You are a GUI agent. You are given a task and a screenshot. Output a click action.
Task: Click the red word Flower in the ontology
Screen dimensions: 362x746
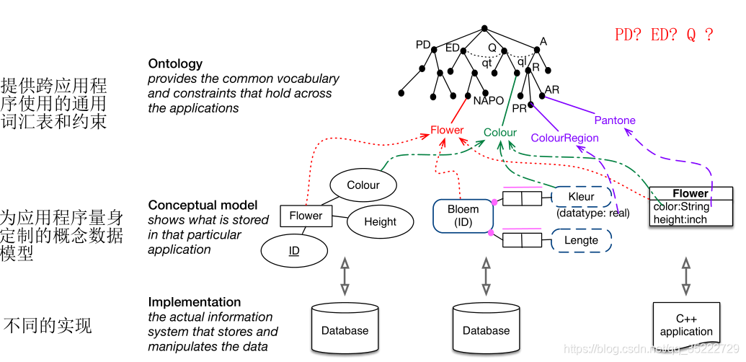[x=447, y=131]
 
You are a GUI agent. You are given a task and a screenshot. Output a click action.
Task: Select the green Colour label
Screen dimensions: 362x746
[x=500, y=132]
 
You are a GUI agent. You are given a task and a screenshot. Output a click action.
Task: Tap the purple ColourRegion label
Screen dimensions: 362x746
[x=564, y=138]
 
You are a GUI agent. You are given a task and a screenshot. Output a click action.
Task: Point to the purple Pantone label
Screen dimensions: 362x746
[x=615, y=120]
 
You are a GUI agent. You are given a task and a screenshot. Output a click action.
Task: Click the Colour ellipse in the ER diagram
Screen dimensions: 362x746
[x=363, y=185]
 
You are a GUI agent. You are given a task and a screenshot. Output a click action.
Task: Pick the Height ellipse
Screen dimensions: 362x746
[x=380, y=222]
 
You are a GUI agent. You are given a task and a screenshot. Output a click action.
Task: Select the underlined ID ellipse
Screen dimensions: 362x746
[x=294, y=250]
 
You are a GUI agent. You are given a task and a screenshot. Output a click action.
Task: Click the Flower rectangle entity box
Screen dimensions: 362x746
[x=306, y=215]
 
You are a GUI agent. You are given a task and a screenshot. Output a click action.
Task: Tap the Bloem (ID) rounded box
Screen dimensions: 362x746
[x=463, y=216]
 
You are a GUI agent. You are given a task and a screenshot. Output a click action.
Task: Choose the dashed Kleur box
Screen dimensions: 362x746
[x=581, y=196]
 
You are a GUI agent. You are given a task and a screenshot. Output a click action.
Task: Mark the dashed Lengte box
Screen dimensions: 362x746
[x=581, y=240]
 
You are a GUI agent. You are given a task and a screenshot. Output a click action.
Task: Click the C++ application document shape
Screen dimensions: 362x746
[x=685, y=325]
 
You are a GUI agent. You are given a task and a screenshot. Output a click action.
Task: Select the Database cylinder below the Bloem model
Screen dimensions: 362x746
[x=486, y=328]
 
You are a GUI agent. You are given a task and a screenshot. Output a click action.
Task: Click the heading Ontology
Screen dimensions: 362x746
[x=175, y=63]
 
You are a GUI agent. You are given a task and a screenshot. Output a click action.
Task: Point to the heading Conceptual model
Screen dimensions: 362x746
[x=203, y=206]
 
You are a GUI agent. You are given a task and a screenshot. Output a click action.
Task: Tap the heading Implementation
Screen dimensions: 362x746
[x=195, y=302]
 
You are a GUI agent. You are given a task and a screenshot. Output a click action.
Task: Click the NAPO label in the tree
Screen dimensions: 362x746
[x=488, y=100]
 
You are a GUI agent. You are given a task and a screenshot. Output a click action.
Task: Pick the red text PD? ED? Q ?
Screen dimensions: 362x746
[x=664, y=35]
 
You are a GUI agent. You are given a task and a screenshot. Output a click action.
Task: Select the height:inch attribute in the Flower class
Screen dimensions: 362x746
[x=680, y=219]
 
